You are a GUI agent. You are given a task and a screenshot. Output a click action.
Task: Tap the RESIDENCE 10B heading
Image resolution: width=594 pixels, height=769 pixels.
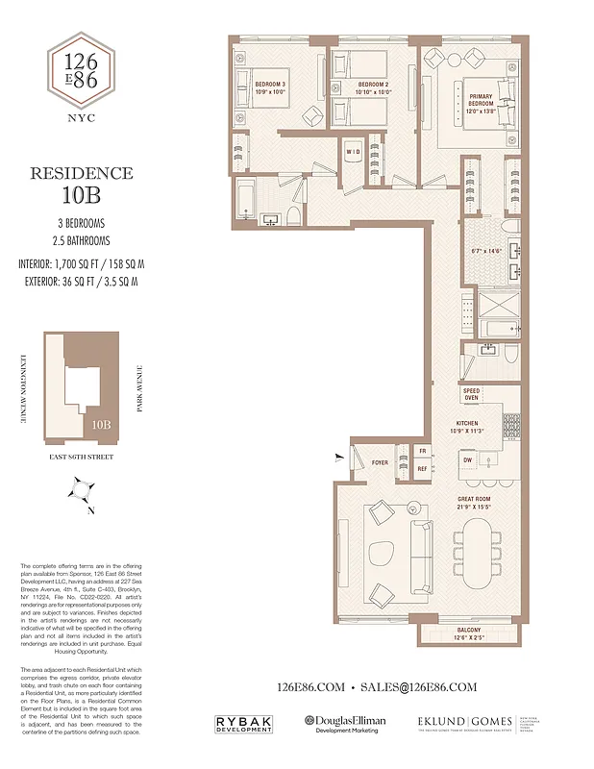click(82, 183)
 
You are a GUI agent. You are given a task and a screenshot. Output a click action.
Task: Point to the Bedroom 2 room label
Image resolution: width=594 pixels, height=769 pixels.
click(372, 89)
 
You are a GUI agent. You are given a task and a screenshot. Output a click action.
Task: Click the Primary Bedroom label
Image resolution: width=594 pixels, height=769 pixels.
click(481, 102)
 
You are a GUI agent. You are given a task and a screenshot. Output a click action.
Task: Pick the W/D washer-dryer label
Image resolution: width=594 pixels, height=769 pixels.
click(353, 152)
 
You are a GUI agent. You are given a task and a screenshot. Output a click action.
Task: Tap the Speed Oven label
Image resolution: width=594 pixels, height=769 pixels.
click(471, 394)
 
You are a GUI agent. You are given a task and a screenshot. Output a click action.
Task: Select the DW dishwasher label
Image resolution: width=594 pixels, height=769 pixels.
click(466, 460)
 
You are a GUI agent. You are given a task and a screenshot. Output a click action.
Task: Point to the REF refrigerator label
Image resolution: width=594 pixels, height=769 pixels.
click(422, 468)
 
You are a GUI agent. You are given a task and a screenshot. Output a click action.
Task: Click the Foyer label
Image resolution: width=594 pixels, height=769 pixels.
click(381, 462)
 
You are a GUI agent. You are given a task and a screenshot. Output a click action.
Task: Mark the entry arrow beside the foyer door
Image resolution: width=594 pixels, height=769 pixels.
click(337, 457)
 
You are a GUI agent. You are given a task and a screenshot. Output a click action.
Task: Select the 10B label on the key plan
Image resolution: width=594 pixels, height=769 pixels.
click(102, 422)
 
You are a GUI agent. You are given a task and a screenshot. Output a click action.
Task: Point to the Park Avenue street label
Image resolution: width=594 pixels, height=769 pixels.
click(139, 388)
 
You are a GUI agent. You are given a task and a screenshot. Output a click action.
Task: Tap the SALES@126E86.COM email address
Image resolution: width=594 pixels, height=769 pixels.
click(417, 687)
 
